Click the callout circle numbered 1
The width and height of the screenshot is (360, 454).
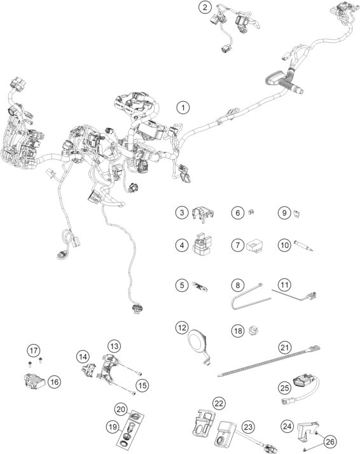(183, 107)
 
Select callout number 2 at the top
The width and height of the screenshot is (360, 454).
(204, 8)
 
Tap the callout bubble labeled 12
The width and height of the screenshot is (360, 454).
(183, 328)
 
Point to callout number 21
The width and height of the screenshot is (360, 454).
(283, 347)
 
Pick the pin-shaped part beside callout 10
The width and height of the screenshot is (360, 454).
(303, 245)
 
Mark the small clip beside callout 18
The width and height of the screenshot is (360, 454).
(256, 330)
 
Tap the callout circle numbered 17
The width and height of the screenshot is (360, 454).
(32, 349)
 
